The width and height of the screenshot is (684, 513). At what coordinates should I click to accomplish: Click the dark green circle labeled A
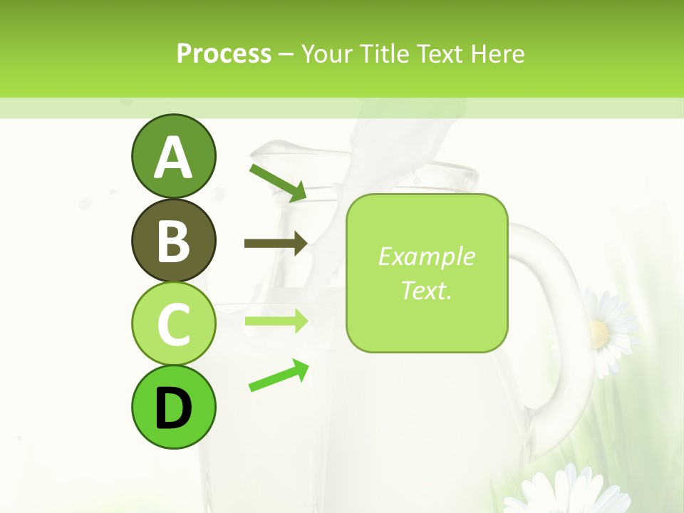(173, 156)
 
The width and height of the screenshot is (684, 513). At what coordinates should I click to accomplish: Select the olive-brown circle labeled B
(173, 240)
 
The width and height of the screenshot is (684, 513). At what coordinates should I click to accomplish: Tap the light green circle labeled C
(173, 324)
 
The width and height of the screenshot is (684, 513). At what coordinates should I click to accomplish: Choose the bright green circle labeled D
(173, 408)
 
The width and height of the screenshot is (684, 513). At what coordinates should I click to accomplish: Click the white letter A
(173, 157)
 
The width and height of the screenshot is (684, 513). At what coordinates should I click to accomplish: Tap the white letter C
(173, 325)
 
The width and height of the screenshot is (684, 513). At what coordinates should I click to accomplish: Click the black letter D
(173, 409)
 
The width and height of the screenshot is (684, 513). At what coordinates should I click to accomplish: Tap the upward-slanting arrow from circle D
(279, 375)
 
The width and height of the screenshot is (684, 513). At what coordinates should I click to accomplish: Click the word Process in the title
(224, 53)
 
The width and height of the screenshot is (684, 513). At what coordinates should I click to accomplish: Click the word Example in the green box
(426, 256)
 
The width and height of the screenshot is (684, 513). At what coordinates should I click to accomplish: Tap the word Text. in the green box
(426, 290)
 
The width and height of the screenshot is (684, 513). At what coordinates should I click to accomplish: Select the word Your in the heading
(328, 53)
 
